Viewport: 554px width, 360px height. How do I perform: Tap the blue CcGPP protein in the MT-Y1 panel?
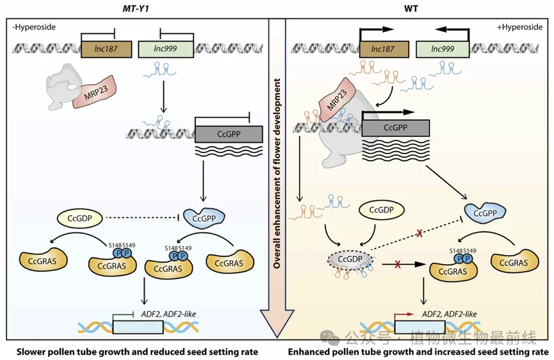[x=203, y=218]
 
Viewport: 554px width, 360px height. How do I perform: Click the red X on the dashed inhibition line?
[x=420, y=235]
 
